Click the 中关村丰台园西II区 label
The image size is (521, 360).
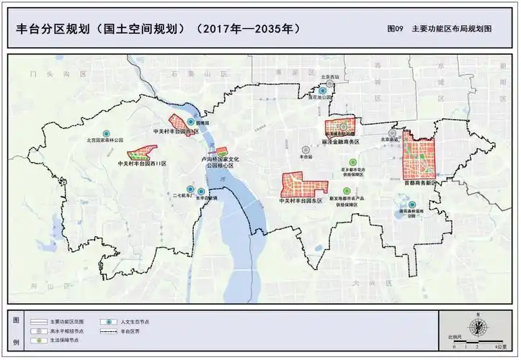click(141, 164)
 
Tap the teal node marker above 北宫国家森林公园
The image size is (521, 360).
click(105, 134)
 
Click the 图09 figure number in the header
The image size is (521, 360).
click(394, 30)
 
